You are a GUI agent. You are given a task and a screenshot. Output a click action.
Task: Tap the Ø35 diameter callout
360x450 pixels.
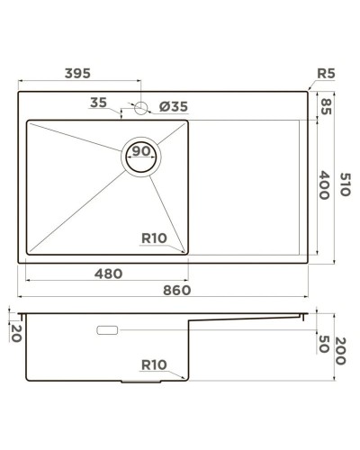173,106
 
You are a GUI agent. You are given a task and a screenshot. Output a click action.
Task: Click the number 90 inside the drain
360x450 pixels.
141,151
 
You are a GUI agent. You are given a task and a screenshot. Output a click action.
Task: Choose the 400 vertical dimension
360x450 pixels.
326,185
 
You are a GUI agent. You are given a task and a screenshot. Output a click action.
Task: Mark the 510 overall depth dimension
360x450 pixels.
345,186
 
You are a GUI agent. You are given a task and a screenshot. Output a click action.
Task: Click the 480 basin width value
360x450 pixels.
111,272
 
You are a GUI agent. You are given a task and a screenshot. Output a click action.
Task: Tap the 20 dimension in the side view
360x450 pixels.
15,332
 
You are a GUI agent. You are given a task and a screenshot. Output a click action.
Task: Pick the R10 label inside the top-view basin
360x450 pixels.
154,238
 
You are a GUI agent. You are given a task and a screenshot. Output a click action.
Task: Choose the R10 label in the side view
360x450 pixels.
154,364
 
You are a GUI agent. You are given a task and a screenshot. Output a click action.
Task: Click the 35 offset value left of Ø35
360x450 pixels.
99,103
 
